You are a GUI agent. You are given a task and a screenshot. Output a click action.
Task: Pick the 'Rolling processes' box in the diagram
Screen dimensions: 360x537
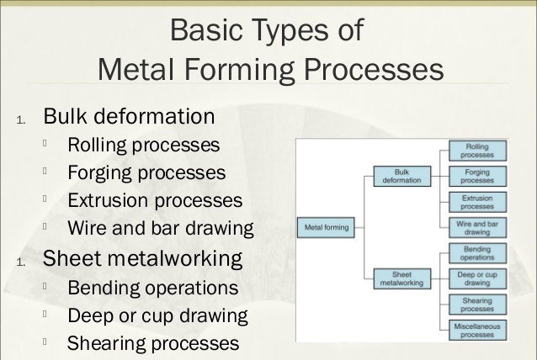[x=477, y=151]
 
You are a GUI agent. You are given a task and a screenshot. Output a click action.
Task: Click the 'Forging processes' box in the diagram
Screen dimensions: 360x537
[x=477, y=176]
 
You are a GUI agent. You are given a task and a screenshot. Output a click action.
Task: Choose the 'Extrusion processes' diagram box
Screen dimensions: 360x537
[x=477, y=202]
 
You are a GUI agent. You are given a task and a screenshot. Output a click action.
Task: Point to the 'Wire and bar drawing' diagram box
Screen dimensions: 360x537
[x=477, y=227]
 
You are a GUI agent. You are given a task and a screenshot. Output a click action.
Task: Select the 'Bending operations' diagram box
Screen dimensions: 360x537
[x=477, y=253]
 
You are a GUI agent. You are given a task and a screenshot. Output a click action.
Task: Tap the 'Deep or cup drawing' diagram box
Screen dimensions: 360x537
[x=477, y=278]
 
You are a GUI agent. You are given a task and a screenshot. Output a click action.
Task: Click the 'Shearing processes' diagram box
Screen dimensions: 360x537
[x=477, y=304]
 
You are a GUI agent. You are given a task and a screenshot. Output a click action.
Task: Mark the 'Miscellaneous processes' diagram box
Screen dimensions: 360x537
[x=477, y=329]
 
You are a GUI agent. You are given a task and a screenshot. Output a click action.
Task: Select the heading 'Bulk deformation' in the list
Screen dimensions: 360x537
[x=129, y=116]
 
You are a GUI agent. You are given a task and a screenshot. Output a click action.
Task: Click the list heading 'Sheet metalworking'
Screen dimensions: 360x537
[x=142, y=258]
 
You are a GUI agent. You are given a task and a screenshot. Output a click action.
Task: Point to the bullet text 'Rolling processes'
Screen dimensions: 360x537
[x=144, y=146]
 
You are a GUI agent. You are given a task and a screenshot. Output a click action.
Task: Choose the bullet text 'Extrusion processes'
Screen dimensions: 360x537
[x=155, y=201]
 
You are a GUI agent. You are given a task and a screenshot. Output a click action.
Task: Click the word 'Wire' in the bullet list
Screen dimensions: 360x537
[x=88, y=229]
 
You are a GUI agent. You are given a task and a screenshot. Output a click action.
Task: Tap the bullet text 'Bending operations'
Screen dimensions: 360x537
[x=152, y=289]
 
